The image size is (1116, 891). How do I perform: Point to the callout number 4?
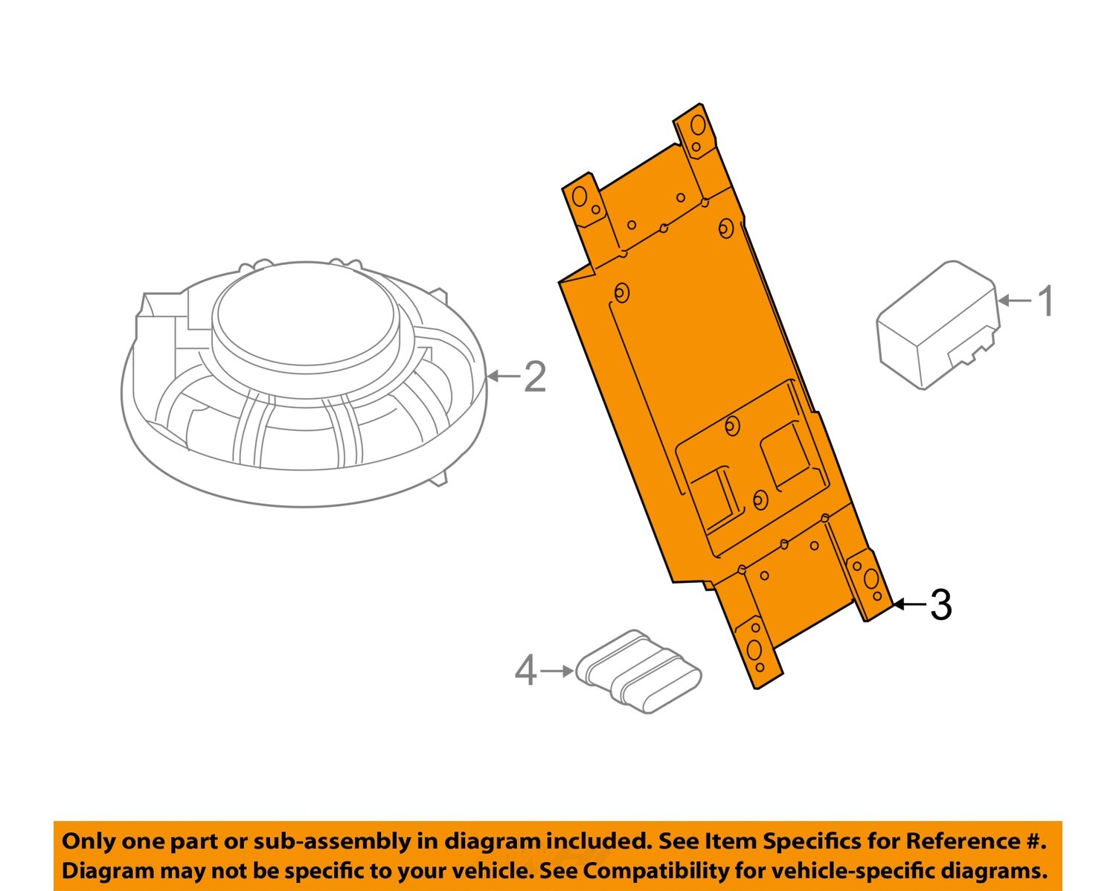pyautogui.click(x=525, y=671)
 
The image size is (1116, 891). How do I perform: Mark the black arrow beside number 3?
pyautogui.click(x=910, y=604)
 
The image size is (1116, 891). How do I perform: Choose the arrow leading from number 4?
pyautogui.click(x=557, y=671)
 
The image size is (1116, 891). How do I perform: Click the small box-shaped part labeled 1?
pyautogui.click(x=938, y=325)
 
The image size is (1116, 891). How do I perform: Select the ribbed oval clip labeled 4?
pyautogui.click(x=639, y=671)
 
